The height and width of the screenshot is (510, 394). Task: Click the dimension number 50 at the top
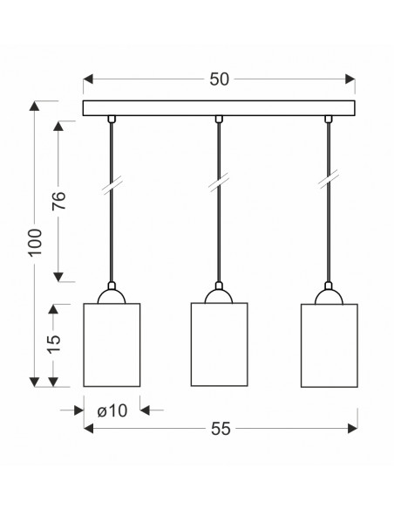tap(219, 79)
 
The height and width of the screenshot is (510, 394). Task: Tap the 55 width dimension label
tap(221, 429)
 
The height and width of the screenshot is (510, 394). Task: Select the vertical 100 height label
tap(36, 243)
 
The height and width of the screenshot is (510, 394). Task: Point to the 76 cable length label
tap(59, 201)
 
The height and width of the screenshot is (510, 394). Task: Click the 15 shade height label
tap(54, 344)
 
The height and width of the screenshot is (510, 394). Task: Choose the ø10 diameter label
tap(112, 410)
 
